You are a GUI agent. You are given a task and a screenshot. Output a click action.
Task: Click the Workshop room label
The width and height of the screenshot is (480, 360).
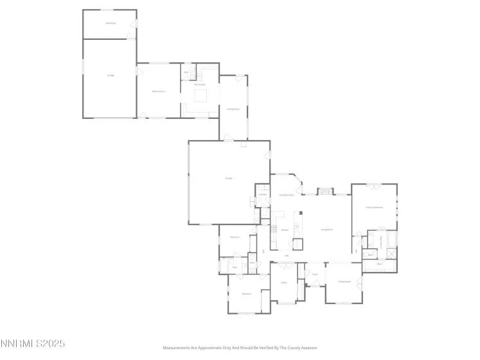click(x=111, y=24)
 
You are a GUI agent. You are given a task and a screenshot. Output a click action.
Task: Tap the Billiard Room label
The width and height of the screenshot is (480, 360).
click(x=159, y=92)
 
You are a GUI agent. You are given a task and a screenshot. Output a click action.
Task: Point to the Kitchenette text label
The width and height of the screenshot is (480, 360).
click(x=200, y=85)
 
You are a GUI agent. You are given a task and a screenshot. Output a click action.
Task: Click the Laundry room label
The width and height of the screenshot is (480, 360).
click(x=262, y=194)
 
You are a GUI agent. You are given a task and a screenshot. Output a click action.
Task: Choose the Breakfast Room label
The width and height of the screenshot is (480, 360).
click(x=287, y=195)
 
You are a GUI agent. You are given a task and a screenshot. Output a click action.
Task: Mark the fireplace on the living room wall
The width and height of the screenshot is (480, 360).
click(x=327, y=191)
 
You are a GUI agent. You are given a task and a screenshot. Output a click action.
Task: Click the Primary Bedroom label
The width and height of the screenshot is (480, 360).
click(x=374, y=207)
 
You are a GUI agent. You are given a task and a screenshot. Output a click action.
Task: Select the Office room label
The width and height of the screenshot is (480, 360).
click(x=283, y=282)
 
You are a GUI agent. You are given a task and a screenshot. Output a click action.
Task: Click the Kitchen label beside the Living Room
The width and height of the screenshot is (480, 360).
click(x=283, y=230)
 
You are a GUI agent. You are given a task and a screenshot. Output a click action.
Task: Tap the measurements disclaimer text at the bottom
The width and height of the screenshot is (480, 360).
click(x=240, y=347)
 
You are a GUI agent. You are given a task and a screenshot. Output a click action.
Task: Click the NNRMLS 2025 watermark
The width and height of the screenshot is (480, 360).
click(x=33, y=344)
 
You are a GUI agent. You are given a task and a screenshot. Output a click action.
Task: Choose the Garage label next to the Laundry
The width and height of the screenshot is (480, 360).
click(x=228, y=178)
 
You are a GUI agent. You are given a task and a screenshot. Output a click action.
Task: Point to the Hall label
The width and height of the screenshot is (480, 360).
click(x=287, y=256)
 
